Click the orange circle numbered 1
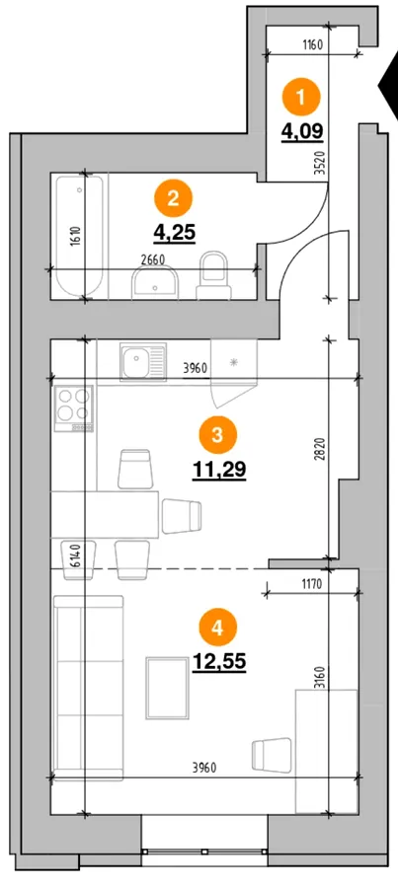pyautogui.click(x=301, y=98)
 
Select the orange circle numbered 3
pyautogui.click(x=218, y=436)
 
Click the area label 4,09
pyautogui.click(x=302, y=131)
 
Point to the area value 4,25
pyautogui.click(x=174, y=233)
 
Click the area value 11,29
pyautogui.click(x=219, y=470)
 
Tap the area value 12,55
pyautogui.click(x=219, y=660)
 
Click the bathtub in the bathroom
pyautogui.click(x=79, y=236)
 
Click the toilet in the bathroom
pyautogui.click(x=214, y=276)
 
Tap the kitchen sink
pyautogui.click(x=143, y=360)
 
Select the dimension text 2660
pyautogui.click(x=151, y=259)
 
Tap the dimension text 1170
pyautogui.click(x=311, y=585)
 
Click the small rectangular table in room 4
pyautogui.click(x=167, y=688)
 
